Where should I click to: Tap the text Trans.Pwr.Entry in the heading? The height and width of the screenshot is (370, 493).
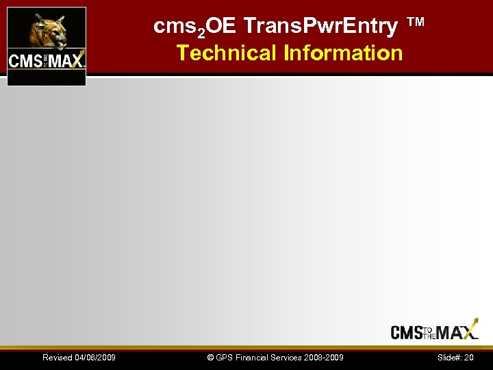(320, 27)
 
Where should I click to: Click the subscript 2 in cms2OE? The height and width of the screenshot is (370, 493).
(203, 32)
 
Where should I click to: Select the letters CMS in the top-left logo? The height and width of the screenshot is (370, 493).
(25, 60)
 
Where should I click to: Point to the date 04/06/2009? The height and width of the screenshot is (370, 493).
(95, 358)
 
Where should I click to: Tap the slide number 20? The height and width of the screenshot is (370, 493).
(469, 358)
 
